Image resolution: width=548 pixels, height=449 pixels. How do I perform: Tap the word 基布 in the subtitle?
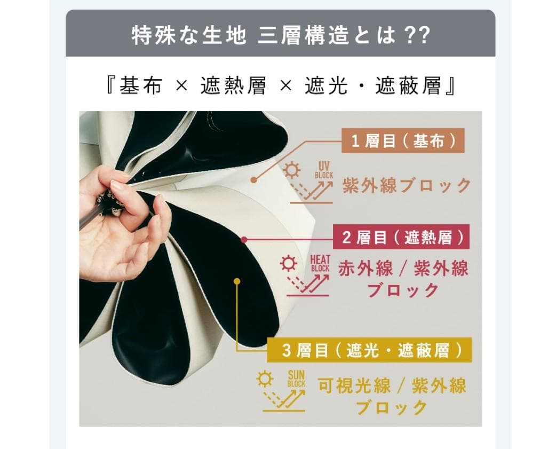point(140,86)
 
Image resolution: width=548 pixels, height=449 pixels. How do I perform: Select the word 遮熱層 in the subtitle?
point(233,86)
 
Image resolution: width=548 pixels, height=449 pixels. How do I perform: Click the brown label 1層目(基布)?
point(403,141)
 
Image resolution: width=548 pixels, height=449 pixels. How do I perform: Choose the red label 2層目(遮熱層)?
point(401,237)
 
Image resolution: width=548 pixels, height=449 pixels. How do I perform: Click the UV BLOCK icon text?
point(324,170)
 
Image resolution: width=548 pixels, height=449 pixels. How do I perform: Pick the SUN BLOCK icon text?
point(296,378)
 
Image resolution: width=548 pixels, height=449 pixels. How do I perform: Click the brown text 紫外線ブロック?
point(407,185)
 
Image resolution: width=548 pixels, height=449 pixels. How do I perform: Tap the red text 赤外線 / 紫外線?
point(403,269)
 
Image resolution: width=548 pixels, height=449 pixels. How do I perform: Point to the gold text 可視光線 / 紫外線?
point(392,385)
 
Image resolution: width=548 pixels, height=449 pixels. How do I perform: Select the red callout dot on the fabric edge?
point(244,240)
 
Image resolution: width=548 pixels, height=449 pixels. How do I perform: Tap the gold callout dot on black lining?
point(237,280)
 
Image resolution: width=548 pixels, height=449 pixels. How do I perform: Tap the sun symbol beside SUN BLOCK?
point(264,379)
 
